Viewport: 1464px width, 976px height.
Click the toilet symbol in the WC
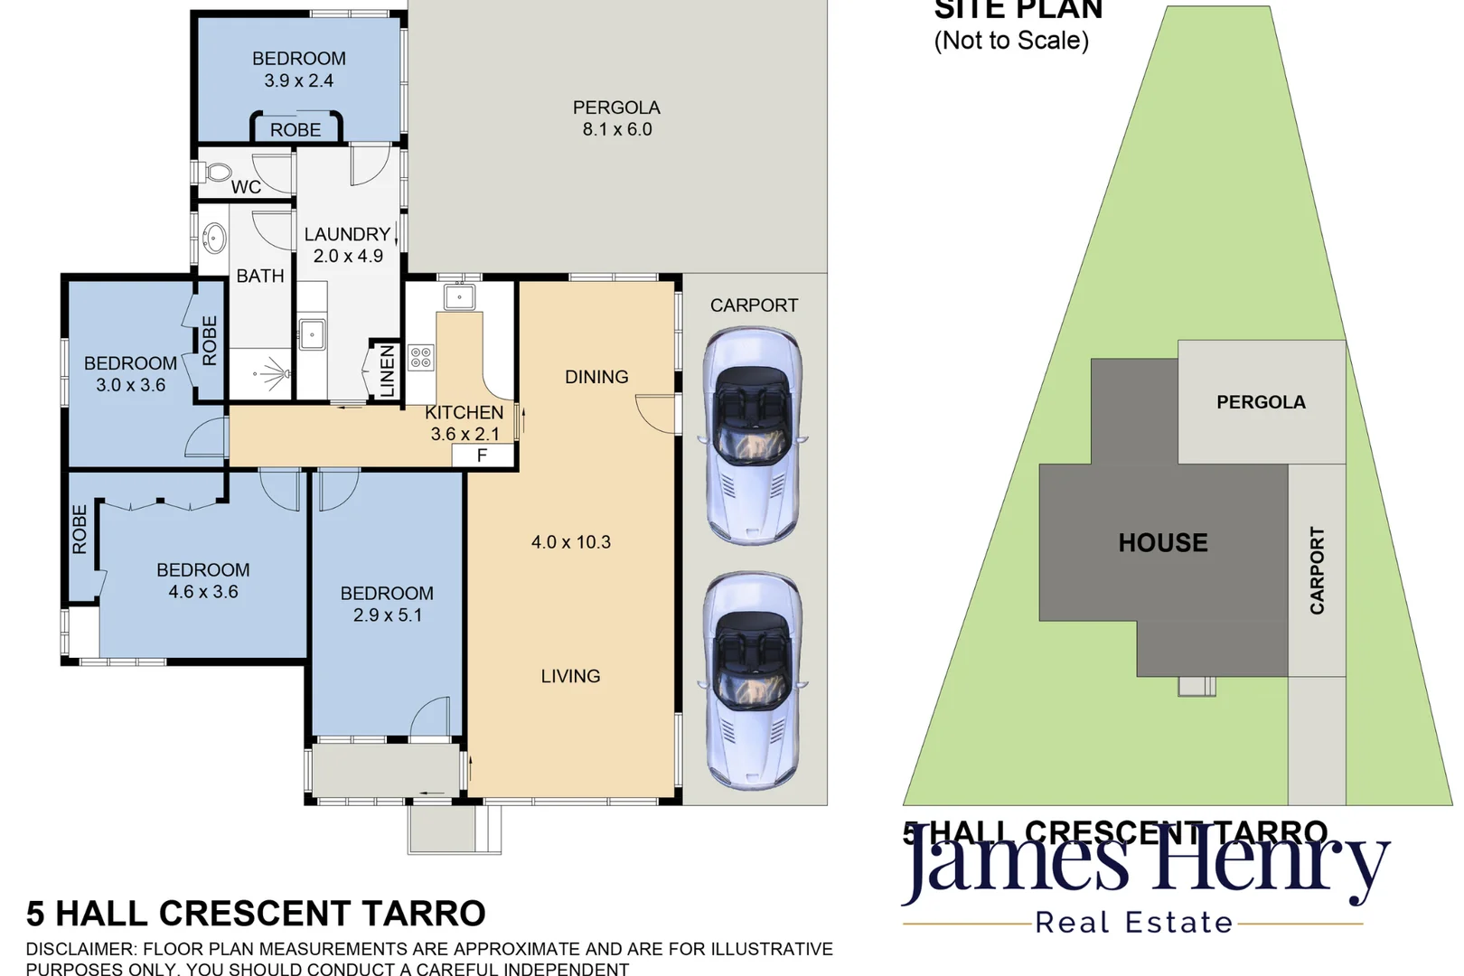[217, 172]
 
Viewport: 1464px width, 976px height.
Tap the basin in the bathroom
[214, 239]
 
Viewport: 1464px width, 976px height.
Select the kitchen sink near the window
[459, 296]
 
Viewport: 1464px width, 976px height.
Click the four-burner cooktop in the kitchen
[420, 357]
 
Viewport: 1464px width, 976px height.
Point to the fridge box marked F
[483, 455]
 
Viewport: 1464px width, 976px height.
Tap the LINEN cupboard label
[387, 371]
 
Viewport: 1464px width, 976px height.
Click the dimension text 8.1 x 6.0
[617, 129]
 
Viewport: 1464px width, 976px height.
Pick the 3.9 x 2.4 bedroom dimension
[298, 80]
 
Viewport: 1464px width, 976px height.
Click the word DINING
[596, 377]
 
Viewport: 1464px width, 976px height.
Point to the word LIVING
[570, 676]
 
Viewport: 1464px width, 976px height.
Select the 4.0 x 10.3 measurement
[570, 542]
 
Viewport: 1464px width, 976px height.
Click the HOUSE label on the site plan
[1163, 542]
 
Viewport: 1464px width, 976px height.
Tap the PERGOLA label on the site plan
[1261, 402]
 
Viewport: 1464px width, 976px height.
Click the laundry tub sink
[312, 334]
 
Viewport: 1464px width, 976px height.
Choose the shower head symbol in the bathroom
[271, 372]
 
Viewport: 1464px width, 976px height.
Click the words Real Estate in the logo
[1133, 923]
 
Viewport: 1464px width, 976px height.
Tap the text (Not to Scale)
[1011, 41]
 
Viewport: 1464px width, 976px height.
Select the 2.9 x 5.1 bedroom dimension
[387, 615]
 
